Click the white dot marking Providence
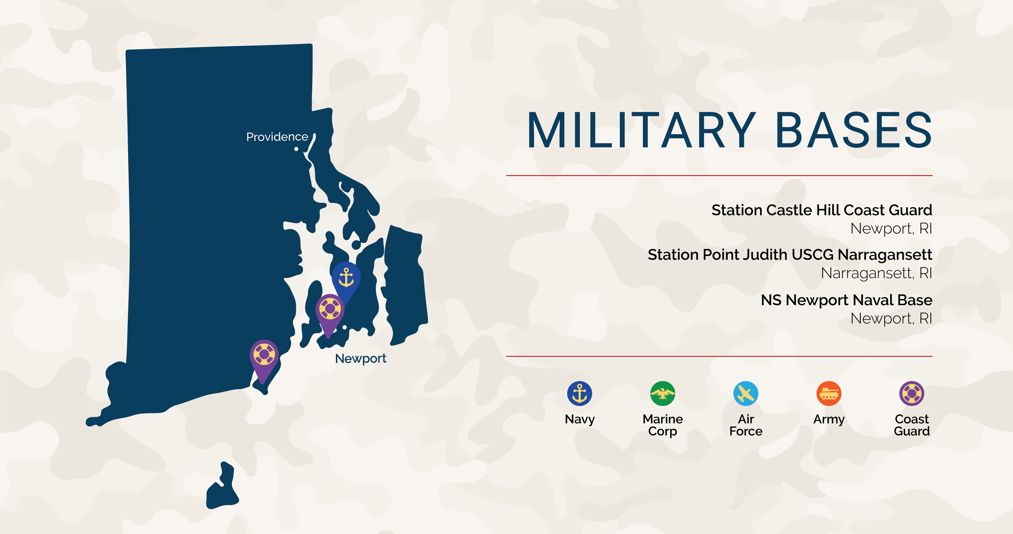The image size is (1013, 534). click(x=296, y=149)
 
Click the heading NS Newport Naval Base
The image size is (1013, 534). click(x=846, y=300)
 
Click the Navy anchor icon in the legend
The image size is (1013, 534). click(x=579, y=393)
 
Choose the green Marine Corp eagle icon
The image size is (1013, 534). click(x=663, y=393)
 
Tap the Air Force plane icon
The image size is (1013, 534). click(x=746, y=393)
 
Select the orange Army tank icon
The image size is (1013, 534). click(x=829, y=393)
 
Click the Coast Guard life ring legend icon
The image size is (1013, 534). click(x=912, y=393)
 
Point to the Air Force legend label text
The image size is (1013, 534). click(x=746, y=425)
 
